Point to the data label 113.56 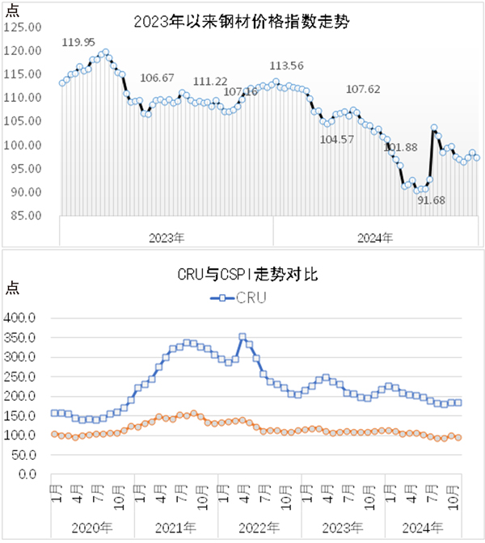click(285, 66)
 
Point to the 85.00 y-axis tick click(25, 216)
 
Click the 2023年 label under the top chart click(167, 238)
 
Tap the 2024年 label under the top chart click(375, 238)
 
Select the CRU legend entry click(239, 297)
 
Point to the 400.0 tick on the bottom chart click(22, 318)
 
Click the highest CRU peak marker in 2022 click(242, 336)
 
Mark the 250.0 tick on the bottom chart click(22, 377)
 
